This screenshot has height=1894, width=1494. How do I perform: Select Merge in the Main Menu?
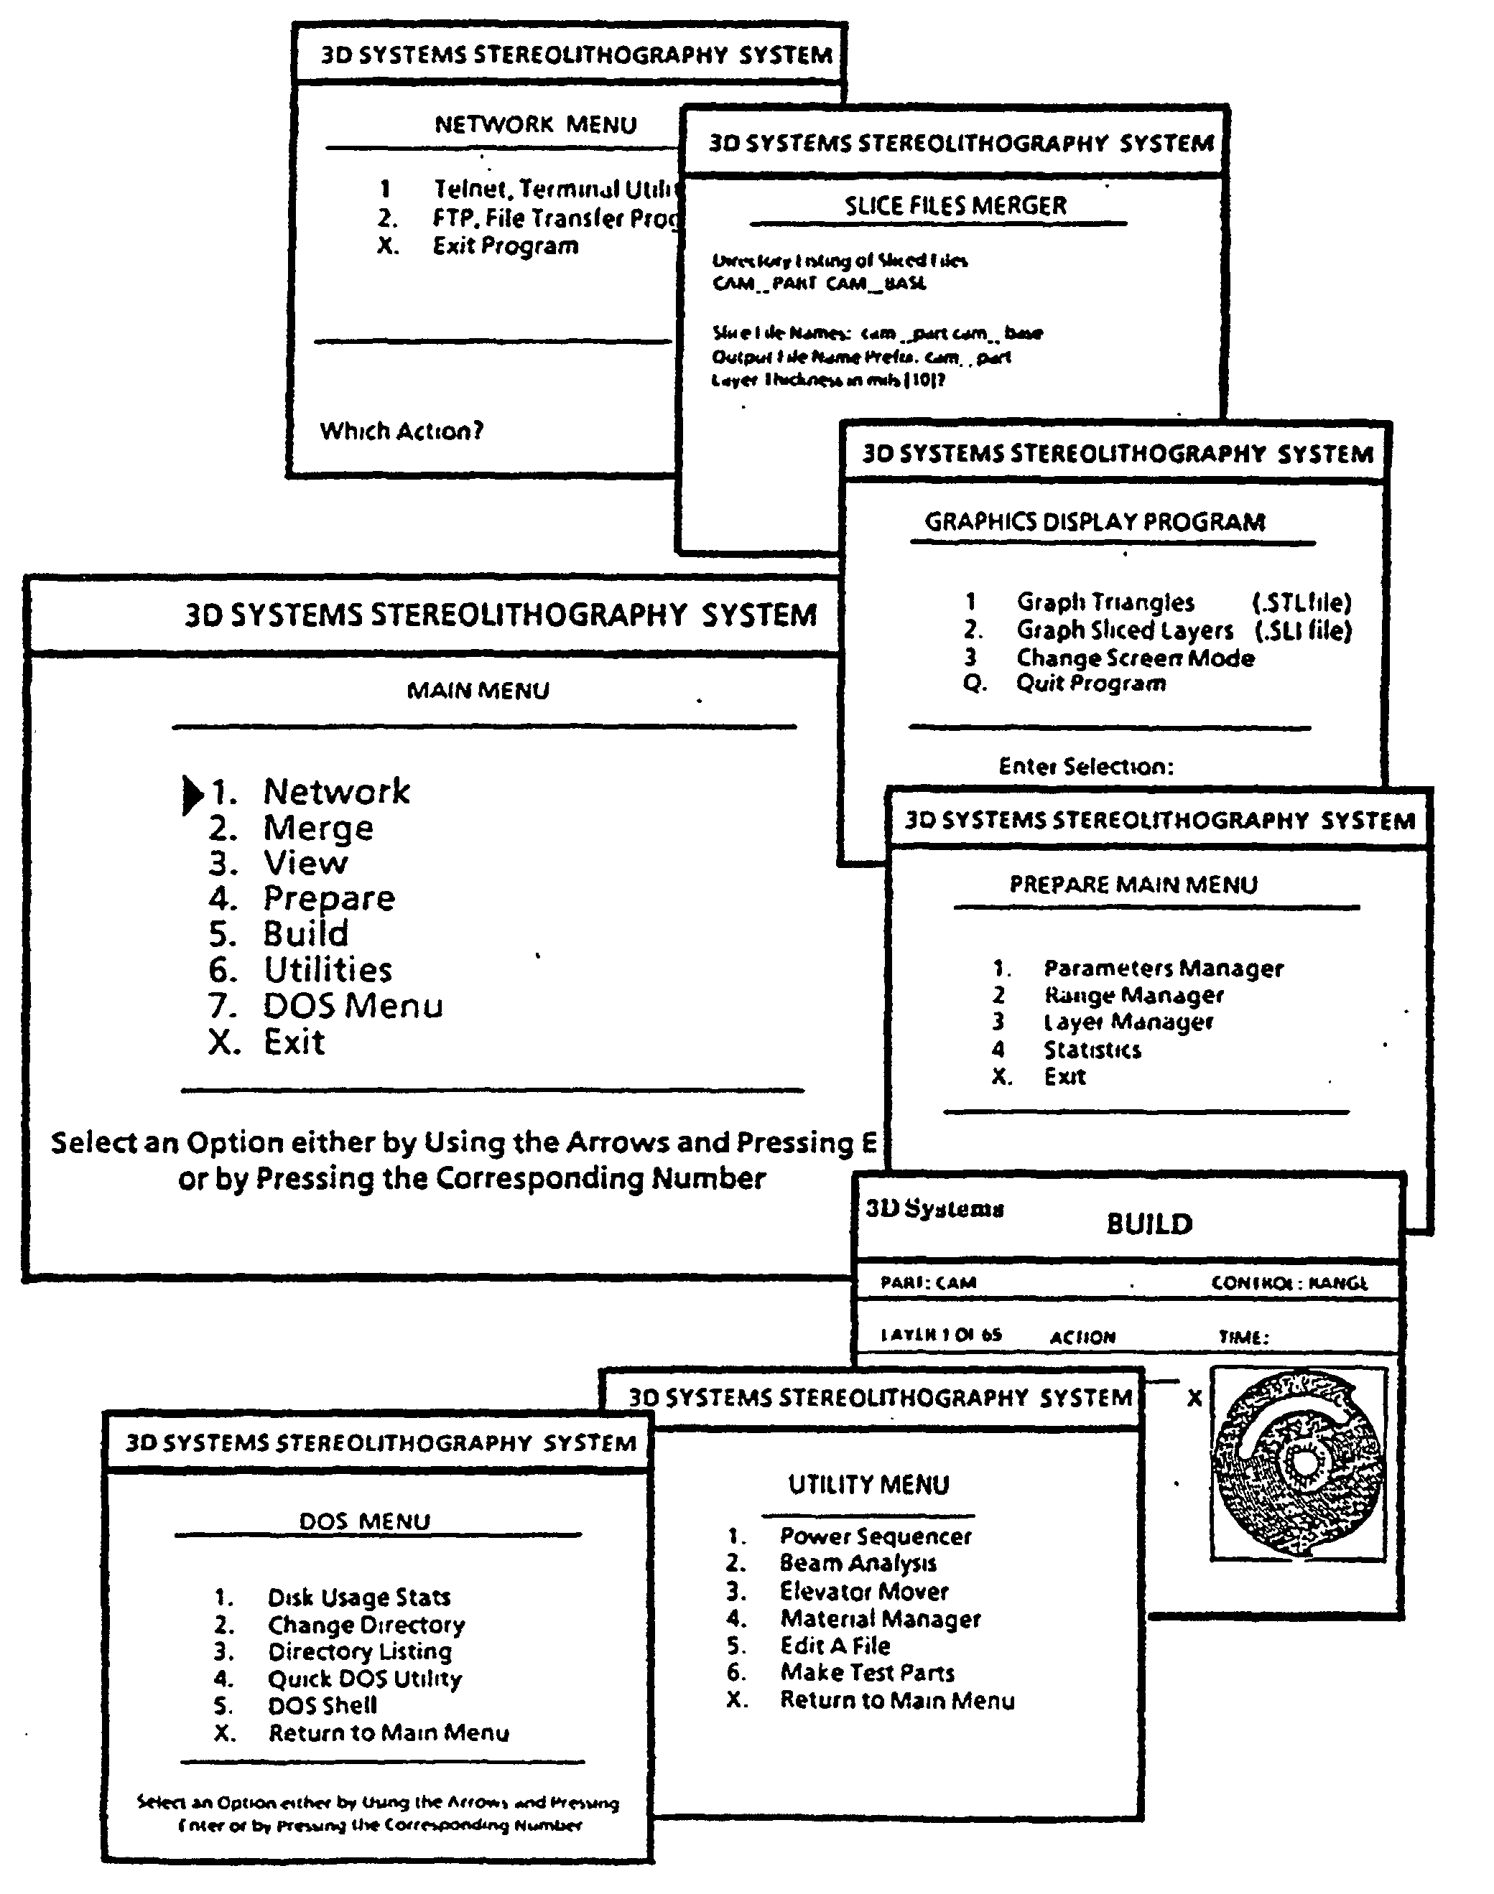click(318, 828)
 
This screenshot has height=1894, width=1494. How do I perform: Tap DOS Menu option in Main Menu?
click(353, 1006)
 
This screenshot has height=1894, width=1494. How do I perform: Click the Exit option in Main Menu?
click(294, 1042)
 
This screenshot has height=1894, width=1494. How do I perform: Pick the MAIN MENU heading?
click(478, 691)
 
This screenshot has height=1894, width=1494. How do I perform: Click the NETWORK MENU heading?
click(535, 124)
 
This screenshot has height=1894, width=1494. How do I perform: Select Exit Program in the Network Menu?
click(506, 246)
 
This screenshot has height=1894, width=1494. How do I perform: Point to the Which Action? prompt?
click(402, 430)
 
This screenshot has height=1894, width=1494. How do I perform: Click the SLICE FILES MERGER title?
click(955, 205)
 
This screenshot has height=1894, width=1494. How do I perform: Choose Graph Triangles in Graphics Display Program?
click(1105, 602)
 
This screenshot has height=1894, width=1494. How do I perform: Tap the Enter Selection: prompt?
click(1085, 766)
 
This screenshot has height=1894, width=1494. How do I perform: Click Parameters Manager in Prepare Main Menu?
click(1164, 968)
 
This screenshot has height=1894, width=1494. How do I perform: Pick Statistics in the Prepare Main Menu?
click(1092, 1049)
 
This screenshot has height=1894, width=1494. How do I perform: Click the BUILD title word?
click(1149, 1223)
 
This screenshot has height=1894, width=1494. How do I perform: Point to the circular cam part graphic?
click(1298, 1464)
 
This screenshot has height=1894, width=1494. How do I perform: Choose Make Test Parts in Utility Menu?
click(867, 1673)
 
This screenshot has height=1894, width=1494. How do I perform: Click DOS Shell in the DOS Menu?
click(323, 1705)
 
